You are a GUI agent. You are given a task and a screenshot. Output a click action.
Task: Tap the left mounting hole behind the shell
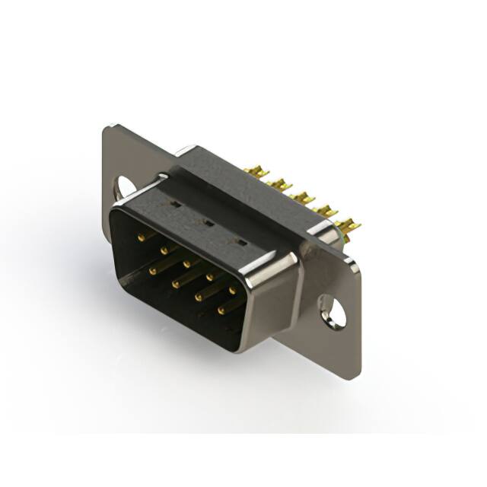(124, 186)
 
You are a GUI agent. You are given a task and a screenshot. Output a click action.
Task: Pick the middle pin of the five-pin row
(186, 262)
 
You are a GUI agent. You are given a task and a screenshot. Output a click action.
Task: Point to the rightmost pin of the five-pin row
(233, 290)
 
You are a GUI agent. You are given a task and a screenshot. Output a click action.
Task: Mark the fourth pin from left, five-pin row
(209, 276)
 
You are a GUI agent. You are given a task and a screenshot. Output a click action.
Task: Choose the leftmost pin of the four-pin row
(153, 269)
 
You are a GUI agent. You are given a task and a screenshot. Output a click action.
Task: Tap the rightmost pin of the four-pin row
(221, 310)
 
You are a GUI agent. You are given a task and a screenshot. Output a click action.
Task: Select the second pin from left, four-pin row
(175, 283)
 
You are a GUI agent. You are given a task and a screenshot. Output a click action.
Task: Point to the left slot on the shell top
(173, 204)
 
